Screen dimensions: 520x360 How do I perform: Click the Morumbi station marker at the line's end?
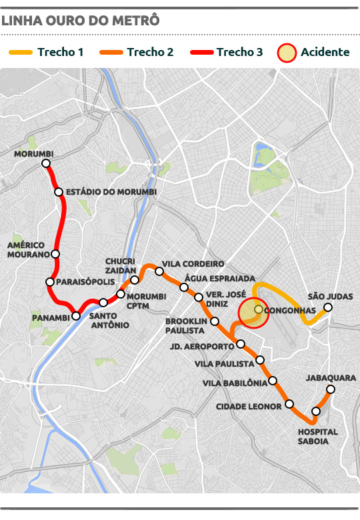[x=45, y=163]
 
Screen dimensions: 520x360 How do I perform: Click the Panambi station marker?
[x=76, y=316]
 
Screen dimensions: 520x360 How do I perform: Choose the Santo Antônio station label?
[x=109, y=320]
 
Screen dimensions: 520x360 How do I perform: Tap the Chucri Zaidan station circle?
[x=135, y=280]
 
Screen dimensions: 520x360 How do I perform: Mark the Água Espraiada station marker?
[x=184, y=287]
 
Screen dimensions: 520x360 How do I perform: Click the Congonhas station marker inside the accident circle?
[x=258, y=309]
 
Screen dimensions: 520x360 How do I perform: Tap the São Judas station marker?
[x=328, y=307]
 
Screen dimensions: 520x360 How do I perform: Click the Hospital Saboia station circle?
[x=316, y=411]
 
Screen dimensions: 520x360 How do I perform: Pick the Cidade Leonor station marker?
[x=289, y=404]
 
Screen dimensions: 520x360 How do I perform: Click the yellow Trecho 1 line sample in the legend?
[x=21, y=52]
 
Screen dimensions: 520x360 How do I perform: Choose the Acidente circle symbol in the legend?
[x=287, y=52]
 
